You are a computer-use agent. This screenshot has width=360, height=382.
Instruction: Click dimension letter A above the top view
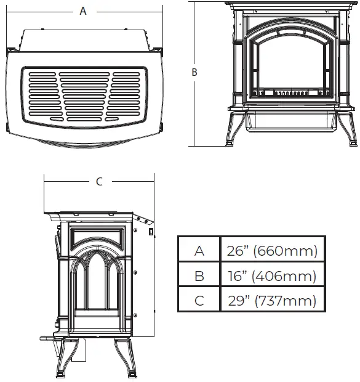pyautogui.click(x=83, y=11)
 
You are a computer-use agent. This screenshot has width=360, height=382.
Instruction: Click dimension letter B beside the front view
pyautogui.click(x=194, y=72)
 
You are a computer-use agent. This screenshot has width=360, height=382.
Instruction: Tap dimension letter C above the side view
pyautogui.click(x=99, y=181)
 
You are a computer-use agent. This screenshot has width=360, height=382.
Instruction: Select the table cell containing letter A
pyautogui.click(x=199, y=251)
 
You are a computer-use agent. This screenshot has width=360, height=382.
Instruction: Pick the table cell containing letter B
pyautogui.click(x=199, y=276)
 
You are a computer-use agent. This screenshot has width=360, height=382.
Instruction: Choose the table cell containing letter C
pyautogui.click(x=199, y=301)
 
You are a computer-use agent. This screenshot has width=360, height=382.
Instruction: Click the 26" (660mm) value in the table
pyautogui.click(x=271, y=251)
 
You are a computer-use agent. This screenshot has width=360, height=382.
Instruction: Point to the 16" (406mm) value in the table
pyautogui.click(x=271, y=276)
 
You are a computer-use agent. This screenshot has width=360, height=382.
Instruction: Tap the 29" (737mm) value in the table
pyautogui.click(x=271, y=301)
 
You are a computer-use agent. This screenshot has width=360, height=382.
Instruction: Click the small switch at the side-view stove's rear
pyautogui.click(x=151, y=232)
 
